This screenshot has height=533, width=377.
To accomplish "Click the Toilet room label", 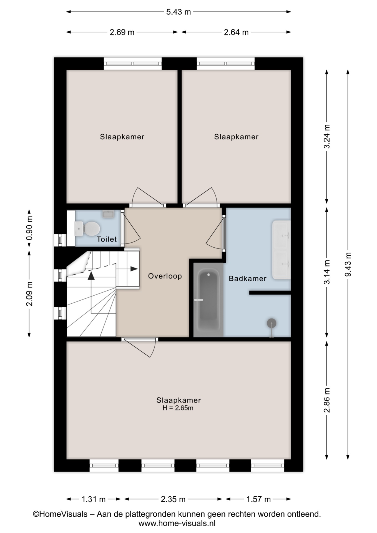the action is [x=107, y=239].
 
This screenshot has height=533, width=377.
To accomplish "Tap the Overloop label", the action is [x=165, y=276].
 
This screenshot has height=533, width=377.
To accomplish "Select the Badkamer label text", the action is [x=248, y=278].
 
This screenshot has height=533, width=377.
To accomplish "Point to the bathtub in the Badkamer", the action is [x=208, y=300].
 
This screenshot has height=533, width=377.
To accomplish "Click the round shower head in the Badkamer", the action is [x=272, y=323].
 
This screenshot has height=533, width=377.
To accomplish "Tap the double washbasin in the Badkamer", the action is [x=281, y=250].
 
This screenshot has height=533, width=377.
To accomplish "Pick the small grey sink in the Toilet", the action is [x=108, y=214].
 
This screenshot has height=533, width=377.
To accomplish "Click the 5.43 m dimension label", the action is [x=179, y=12].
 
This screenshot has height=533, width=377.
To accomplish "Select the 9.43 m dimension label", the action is [x=348, y=264].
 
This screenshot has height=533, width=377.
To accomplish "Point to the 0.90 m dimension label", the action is [x=29, y=228].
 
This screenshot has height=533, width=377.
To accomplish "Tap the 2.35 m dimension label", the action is [x=173, y=499].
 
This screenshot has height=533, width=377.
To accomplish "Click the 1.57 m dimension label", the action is [x=258, y=499].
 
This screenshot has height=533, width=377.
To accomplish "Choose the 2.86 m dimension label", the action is [x=327, y=400].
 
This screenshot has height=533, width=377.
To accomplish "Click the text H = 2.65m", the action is [x=178, y=408].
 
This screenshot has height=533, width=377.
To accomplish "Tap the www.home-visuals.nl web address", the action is [x=177, y=524].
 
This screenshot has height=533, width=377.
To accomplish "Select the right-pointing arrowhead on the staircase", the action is [x=134, y=269].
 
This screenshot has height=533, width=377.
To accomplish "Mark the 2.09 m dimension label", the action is [x=29, y=294].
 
